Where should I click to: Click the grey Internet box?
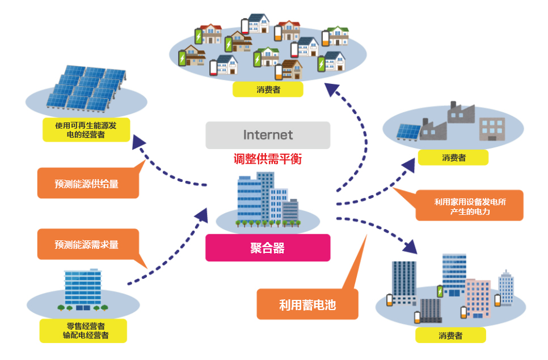[x=268, y=135]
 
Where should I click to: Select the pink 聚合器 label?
[x=268, y=248]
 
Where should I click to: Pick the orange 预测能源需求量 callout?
[x=87, y=244]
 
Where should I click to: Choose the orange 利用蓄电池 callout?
[x=307, y=304]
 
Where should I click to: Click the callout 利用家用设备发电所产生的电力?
[x=469, y=206]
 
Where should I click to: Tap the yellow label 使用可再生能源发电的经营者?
[x=86, y=129]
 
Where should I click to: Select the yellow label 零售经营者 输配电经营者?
[x=83, y=331]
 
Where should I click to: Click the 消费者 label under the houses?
[x=268, y=89]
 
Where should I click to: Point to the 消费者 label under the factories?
[x=453, y=157]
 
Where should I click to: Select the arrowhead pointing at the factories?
[x=410, y=164]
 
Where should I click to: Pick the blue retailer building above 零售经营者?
[x=83, y=290]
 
